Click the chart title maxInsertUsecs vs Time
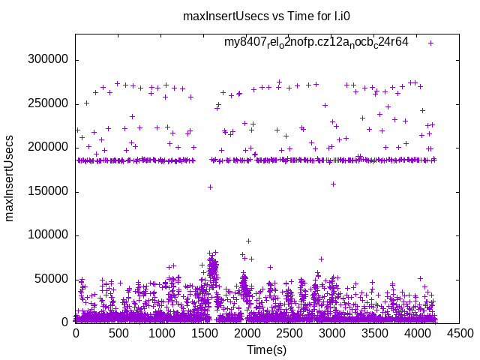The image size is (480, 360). (x=240, y=16)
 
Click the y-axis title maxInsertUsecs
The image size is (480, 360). (x=10, y=178)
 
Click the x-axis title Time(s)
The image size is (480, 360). (x=268, y=349)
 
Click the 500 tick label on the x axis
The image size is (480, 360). (x=118, y=331)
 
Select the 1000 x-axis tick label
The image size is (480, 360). (x=161, y=331)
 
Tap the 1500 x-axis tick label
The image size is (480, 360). (x=204, y=331)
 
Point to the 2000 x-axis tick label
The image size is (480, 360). (x=247, y=331)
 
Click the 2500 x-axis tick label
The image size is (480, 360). (x=289, y=331)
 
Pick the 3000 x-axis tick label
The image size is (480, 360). (x=332, y=331)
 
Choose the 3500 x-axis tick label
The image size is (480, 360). (x=375, y=331)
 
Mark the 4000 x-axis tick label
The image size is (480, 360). (x=418, y=331)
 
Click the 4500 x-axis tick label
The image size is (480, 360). (x=461, y=331)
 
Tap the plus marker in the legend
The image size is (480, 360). (x=430, y=43)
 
